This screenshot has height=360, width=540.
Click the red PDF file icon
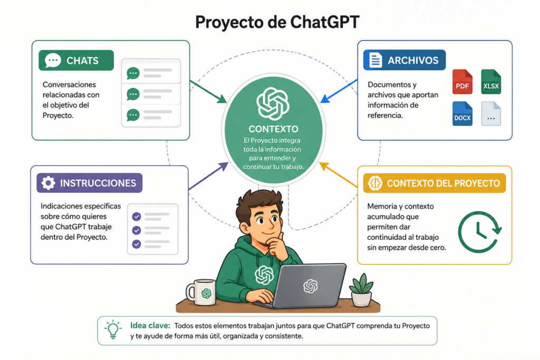(x=462, y=82)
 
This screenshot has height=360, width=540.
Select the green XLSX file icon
(x=491, y=82)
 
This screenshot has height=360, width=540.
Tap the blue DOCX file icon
(x=462, y=113)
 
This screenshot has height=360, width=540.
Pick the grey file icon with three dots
(x=491, y=113)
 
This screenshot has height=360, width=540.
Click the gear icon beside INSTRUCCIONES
(x=48, y=183)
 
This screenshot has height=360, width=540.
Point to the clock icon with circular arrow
(x=479, y=232)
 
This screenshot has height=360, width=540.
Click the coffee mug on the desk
(x=201, y=292)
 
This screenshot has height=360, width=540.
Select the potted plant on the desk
(x=361, y=290)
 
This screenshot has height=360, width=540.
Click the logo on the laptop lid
(x=310, y=286)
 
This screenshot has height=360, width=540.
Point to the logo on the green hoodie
(x=264, y=275)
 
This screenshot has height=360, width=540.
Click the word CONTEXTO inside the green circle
(x=274, y=129)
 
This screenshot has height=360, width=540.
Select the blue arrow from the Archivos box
(x=339, y=91)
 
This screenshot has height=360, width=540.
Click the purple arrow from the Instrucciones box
(x=208, y=176)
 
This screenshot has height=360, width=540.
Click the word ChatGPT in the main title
(x=325, y=22)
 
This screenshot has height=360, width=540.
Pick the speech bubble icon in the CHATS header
(x=53, y=60)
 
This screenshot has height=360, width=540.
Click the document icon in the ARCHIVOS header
(x=375, y=60)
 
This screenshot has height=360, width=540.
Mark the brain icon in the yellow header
(x=375, y=183)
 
